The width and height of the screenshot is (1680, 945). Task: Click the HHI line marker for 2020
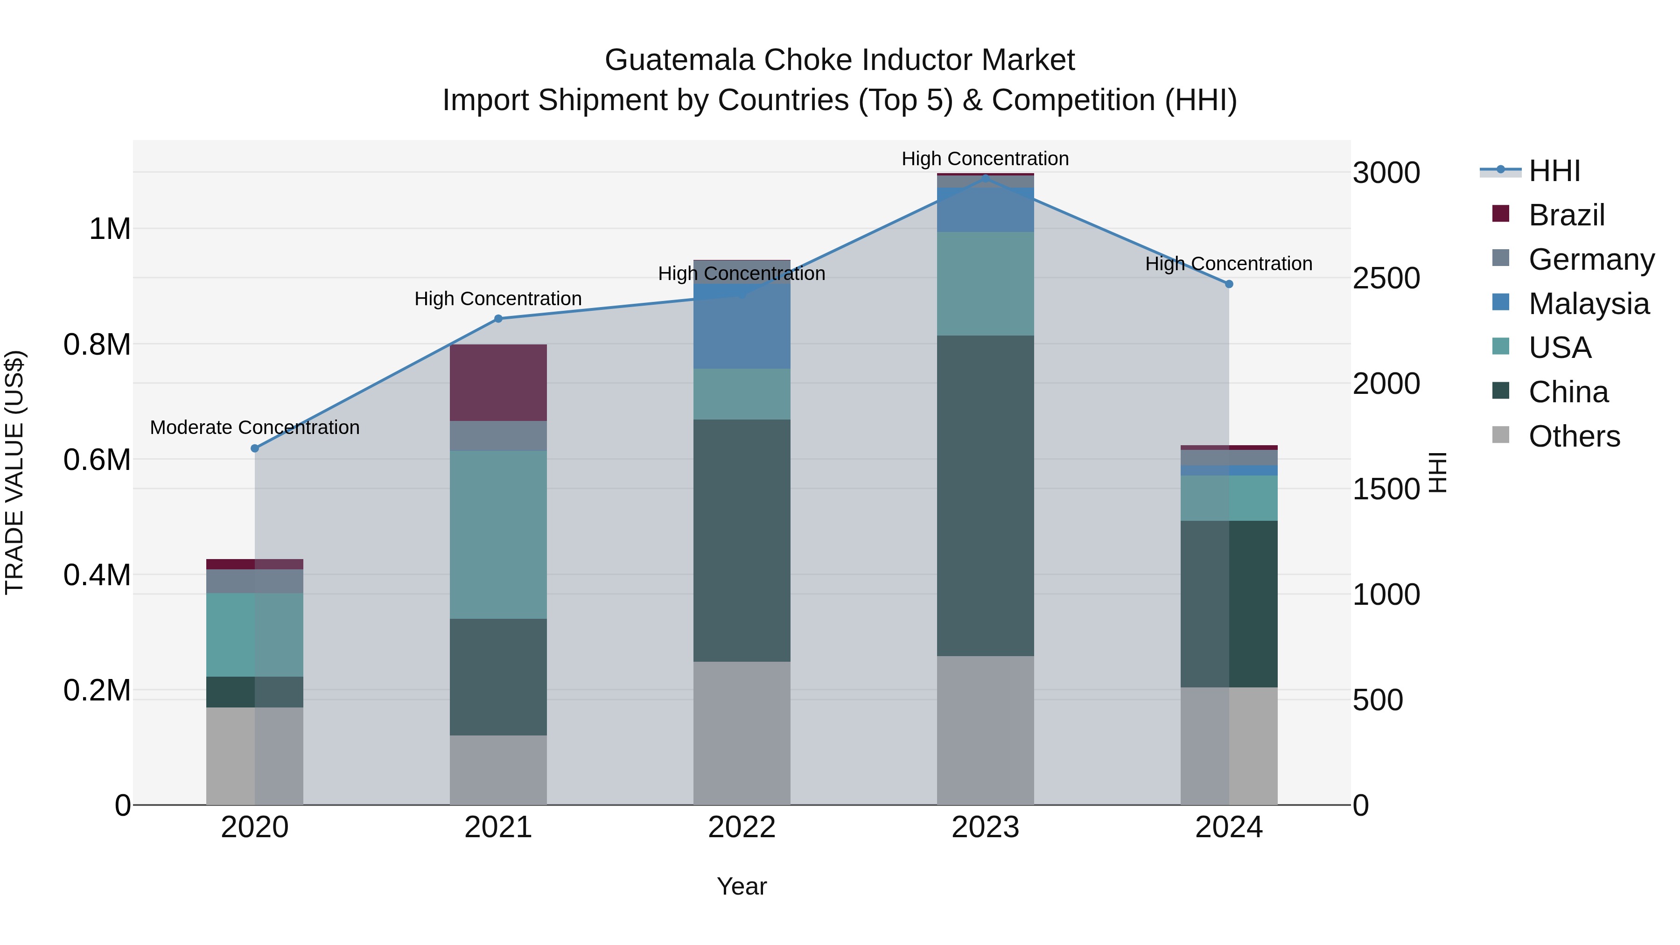[255, 448]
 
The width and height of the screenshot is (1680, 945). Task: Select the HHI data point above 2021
[498, 319]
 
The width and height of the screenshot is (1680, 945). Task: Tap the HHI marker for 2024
[1229, 284]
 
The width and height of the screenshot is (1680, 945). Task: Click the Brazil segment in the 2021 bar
[498, 383]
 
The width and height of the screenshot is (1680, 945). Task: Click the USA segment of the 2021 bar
[498, 535]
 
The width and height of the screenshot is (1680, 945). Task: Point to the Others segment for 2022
[742, 733]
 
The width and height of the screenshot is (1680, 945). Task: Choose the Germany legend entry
[1591, 259]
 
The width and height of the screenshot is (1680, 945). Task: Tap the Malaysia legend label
[1589, 304]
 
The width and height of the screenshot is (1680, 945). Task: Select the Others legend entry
[1574, 436]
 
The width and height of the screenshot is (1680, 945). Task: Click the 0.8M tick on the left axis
[97, 344]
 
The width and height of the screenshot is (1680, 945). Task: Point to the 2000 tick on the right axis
[1386, 384]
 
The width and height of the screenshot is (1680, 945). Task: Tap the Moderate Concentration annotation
[255, 427]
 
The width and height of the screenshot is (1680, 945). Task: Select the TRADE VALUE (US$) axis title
[14, 472]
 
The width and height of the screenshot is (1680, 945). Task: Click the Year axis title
[742, 886]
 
